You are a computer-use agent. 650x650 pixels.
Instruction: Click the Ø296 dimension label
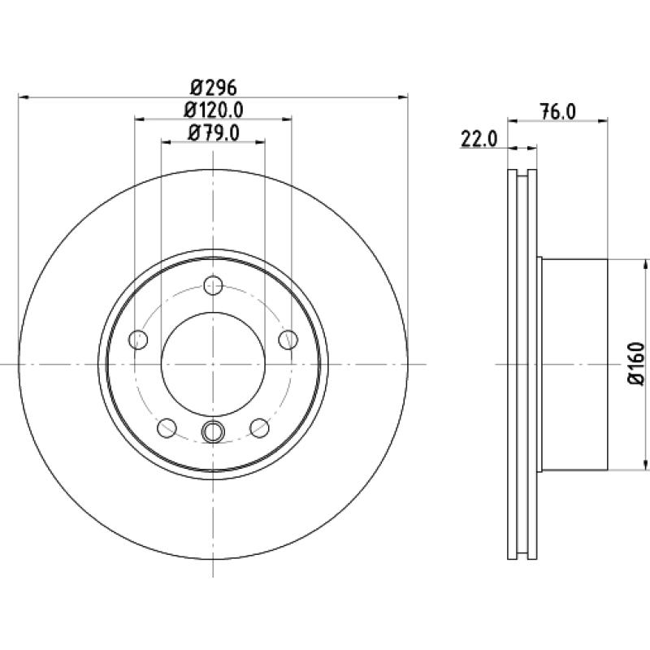(214, 88)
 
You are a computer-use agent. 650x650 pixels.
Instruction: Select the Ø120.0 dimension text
(214, 110)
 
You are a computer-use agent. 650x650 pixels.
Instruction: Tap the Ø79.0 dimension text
(214, 133)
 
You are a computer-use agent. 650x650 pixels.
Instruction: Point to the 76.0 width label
(558, 112)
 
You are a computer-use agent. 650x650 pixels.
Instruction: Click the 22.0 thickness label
(479, 139)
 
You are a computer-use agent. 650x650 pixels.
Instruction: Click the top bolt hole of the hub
(213, 285)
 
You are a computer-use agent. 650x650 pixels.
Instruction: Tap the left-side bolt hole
(138, 340)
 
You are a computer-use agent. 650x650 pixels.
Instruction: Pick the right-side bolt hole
(288, 340)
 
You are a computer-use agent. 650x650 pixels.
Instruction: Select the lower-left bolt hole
(167, 428)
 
